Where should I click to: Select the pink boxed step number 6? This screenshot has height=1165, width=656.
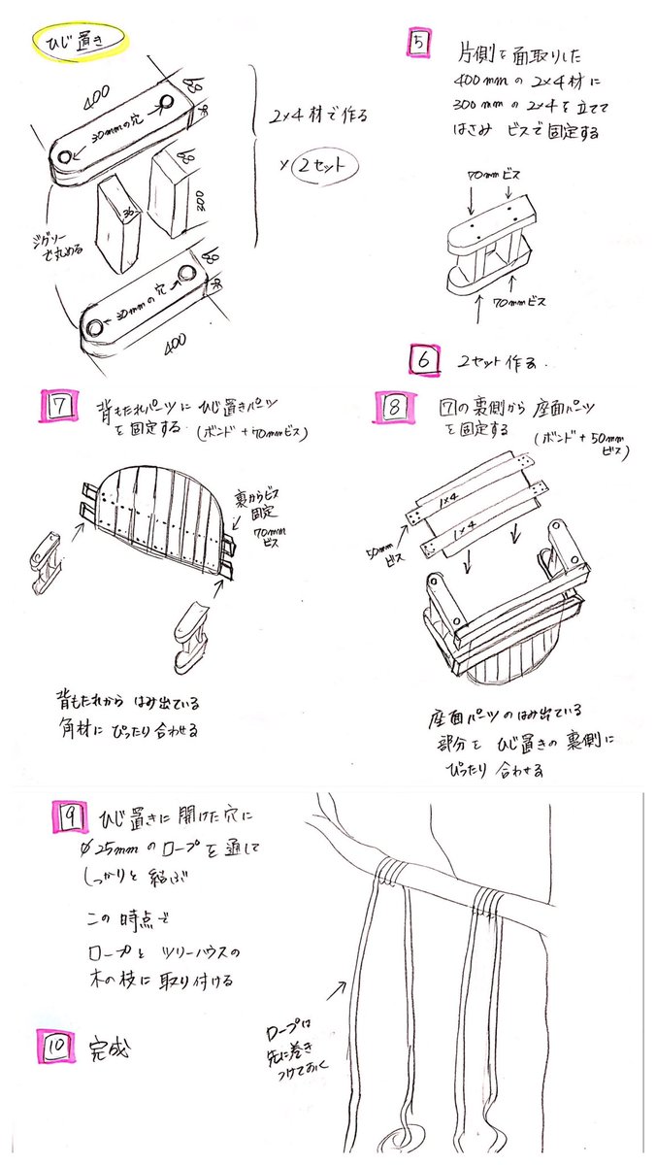423,360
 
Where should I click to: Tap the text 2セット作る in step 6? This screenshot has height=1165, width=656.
502,361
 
